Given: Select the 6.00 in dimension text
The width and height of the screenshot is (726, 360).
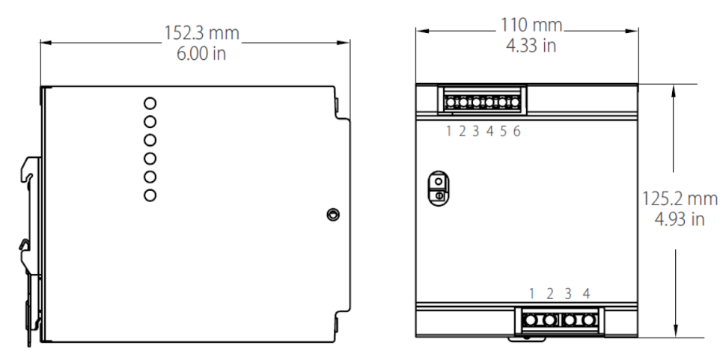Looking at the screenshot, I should click(196, 54).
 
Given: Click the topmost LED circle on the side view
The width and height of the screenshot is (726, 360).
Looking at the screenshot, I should click(150, 103).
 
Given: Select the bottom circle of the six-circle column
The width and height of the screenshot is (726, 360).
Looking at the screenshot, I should click(150, 195).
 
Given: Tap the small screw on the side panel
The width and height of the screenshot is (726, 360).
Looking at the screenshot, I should click(332, 216).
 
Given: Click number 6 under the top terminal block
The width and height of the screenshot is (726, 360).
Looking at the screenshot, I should click(516, 132).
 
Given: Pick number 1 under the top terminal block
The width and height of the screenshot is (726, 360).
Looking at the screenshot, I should click(449, 132).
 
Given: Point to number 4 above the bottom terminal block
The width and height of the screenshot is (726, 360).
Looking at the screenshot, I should click(586, 293).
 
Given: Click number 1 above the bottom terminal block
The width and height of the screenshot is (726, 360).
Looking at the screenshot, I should click(531, 293).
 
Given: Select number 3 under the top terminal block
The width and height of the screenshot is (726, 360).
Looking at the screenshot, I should click(476, 132).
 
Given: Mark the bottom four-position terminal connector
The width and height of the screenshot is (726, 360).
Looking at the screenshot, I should click(560, 321).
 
